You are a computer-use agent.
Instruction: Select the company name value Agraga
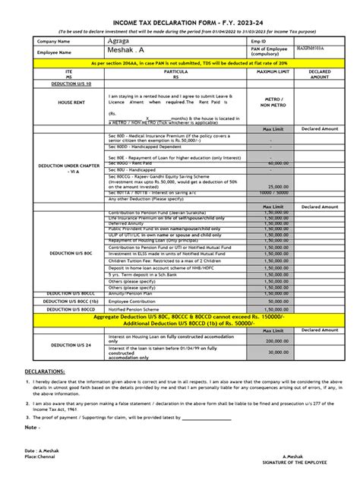pos(121,40)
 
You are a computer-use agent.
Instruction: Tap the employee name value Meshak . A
pos(126,52)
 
